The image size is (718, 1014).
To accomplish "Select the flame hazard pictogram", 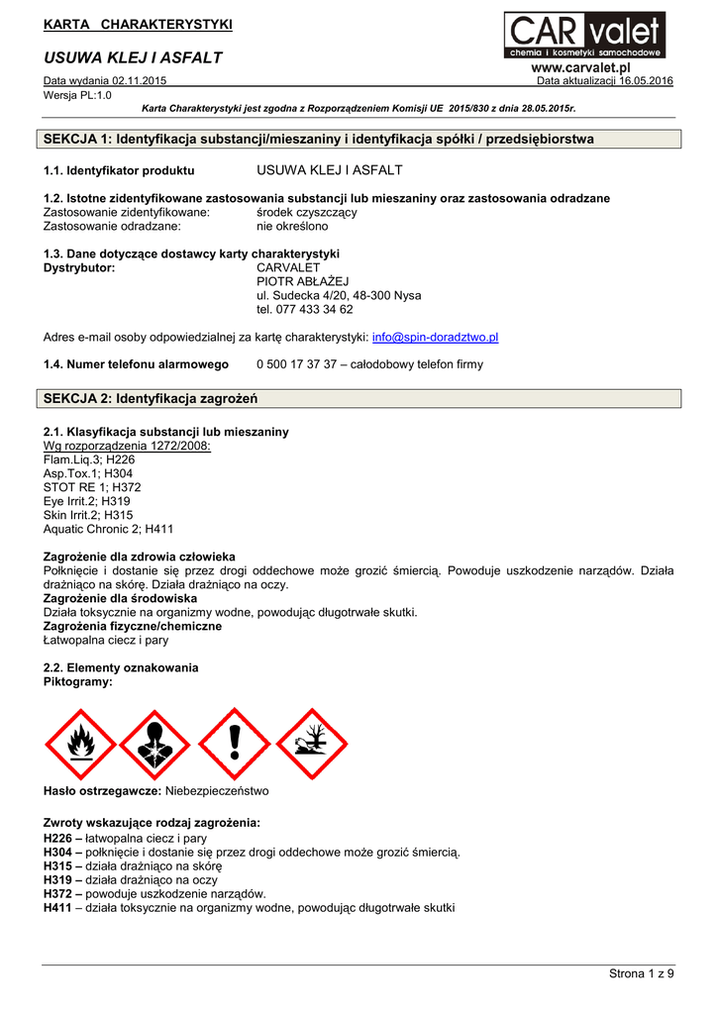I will pyautogui.click(x=80, y=744).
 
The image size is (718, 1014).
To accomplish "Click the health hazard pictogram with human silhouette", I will pyautogui.click(x=156, y=744).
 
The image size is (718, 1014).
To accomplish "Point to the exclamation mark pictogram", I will pyautogui.click(x=235, y=744).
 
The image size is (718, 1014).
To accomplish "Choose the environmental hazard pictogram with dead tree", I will pyautogui.click(x=311, y=744).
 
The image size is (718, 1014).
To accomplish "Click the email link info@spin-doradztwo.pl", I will pyautogui.click(x=435, y=337).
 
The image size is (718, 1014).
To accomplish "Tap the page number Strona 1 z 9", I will pyautogui.click(x=641, y=975).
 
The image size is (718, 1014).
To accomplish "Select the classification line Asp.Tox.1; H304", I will pyautogui.click(x=88, y=473).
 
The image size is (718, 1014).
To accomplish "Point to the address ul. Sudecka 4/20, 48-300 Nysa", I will pyautogui.click(x=339, y=295).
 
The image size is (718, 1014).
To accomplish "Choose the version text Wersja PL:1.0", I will pyautogui.click(x=78, y=95).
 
